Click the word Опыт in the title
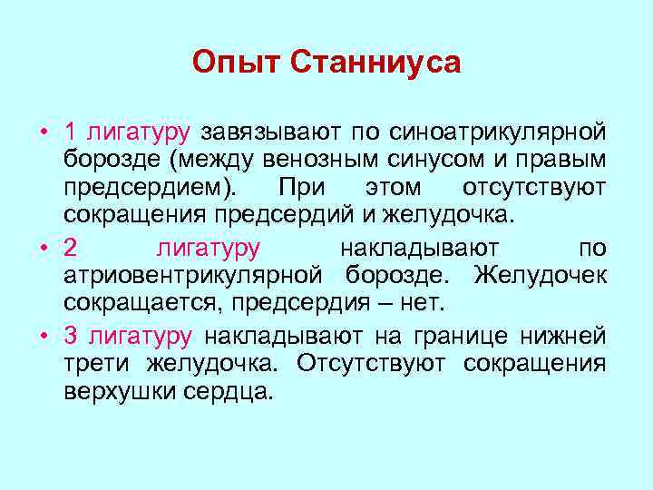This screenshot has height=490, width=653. pyautogui.click(x=238, y=64)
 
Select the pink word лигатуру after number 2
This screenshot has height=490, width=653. pyautogui.click(x=208, y=248)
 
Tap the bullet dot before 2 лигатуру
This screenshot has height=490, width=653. pyautogui.click(x=44, y=248)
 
